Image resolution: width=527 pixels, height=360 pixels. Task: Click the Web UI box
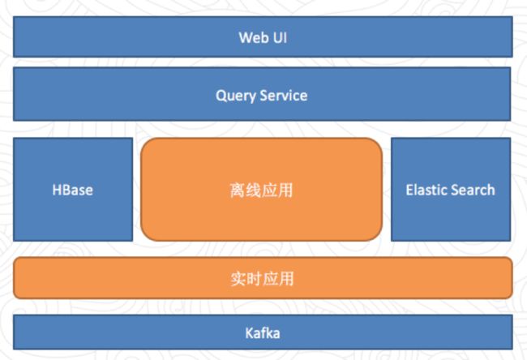coord(263,36)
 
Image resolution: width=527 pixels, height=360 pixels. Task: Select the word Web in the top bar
coord(253,37)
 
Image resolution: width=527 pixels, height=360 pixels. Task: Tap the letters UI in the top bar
coord(280,37)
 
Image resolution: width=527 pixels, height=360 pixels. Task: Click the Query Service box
coord(262,94)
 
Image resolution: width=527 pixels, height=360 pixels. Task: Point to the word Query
coord(236,96)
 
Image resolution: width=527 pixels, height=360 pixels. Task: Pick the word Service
coord(284,96)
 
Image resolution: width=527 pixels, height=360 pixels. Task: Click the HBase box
coord(73,189)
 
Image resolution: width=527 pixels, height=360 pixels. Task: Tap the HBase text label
coord(73,190)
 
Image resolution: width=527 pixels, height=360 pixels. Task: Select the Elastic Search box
coord(451,189)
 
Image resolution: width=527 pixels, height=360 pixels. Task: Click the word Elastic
coord(425,190)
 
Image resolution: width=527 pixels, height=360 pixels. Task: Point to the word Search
coord(472,190)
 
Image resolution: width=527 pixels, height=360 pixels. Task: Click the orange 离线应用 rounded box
coord(262,189)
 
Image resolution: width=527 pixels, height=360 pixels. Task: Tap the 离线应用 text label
coord(261,191)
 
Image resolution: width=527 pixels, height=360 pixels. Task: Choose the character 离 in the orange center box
coord(238,191)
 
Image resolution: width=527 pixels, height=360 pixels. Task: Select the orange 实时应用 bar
coord(263,278)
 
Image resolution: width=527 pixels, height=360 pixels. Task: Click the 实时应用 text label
coord(262,279)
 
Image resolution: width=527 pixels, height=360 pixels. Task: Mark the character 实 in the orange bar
coord(238,279)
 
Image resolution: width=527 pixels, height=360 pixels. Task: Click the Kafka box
coord(263,332)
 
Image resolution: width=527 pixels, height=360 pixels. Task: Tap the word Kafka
coord(263,333)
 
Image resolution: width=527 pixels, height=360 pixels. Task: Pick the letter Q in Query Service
coord(221,96)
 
